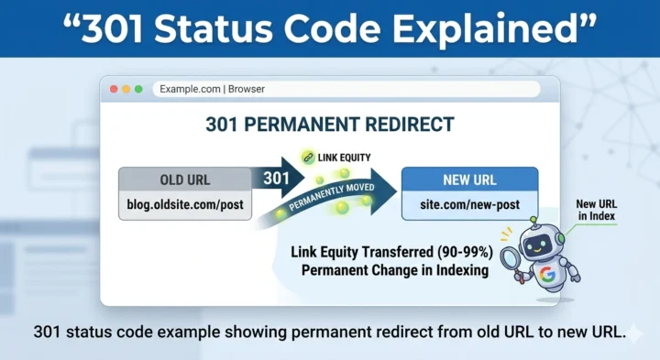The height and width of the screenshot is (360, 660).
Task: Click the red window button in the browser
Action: [x=114, y=89]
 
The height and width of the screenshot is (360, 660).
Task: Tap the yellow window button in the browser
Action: [x=126, y=89]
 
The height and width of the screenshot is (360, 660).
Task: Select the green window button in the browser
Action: [x=138, y=89]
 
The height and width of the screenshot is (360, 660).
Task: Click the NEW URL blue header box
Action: [x=469, y=179]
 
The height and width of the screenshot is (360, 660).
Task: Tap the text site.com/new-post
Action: [x=469, y=205]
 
